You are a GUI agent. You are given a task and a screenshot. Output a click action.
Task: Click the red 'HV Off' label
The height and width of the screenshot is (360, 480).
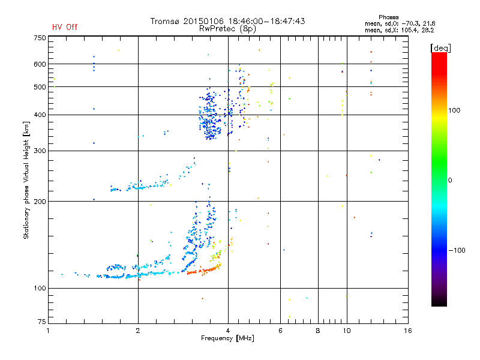[x=64, y=27]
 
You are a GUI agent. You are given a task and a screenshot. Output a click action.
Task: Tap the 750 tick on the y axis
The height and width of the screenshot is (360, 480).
[x=40, y=37]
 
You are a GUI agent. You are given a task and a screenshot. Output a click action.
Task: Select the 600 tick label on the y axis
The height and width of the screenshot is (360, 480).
[x=40, y=64]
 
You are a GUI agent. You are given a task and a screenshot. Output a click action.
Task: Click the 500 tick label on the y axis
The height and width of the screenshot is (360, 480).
[x=40, y=86]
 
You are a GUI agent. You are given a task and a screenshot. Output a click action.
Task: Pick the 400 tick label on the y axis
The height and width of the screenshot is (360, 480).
[x=40, y=115]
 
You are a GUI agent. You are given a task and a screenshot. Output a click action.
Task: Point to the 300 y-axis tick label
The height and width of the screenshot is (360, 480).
[x=40, y=151]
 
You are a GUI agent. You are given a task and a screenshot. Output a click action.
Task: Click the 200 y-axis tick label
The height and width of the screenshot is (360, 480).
[x=40, y=201]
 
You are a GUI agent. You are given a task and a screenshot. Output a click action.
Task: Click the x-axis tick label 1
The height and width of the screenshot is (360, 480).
[x=48, y=331]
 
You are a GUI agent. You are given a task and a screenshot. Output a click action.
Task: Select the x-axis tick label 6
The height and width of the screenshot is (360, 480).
[x=280, y=331]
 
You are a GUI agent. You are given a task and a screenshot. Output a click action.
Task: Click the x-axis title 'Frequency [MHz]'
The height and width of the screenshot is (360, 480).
[x=227, y=339]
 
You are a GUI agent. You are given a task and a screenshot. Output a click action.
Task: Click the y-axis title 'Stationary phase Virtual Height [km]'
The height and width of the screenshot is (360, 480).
[x=26, y=179]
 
